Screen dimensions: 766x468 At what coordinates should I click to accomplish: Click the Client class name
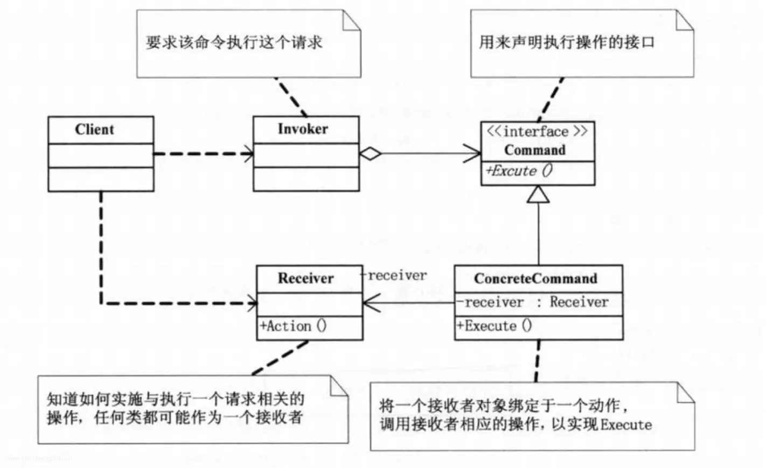(94, 130)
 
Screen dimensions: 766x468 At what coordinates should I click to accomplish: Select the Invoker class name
(303, 129)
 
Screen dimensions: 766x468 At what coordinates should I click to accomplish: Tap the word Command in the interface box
(535, 150)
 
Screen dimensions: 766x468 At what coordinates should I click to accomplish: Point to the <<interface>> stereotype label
(537, 131)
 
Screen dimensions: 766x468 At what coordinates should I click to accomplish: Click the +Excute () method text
(519, 171)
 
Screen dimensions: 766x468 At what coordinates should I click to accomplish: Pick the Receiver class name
(306, 278)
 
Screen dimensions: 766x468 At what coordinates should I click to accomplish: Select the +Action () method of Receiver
(294, 326)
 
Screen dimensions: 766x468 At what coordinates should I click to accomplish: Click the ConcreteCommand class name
(535, 279)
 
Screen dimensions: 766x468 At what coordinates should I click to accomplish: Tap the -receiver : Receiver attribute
(533, 302)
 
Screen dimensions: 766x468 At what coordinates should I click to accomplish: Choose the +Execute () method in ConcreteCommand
(495, 325)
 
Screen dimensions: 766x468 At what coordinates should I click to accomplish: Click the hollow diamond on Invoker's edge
(371, 154)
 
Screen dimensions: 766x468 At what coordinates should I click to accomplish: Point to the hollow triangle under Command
(538, 194)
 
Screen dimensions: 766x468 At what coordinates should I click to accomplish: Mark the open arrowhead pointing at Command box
(472, 153)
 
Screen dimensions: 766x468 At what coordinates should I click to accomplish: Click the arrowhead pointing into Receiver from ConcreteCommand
(372, 303)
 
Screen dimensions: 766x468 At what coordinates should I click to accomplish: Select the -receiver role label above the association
(394, 275)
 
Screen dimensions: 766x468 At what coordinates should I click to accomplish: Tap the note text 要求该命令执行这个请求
(234, 42)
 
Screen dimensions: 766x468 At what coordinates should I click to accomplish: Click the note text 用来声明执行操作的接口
(567, 42)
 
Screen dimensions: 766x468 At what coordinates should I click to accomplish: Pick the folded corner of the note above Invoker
(351, 20)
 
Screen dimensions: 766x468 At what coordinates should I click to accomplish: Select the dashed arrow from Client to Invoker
(204, 154)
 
